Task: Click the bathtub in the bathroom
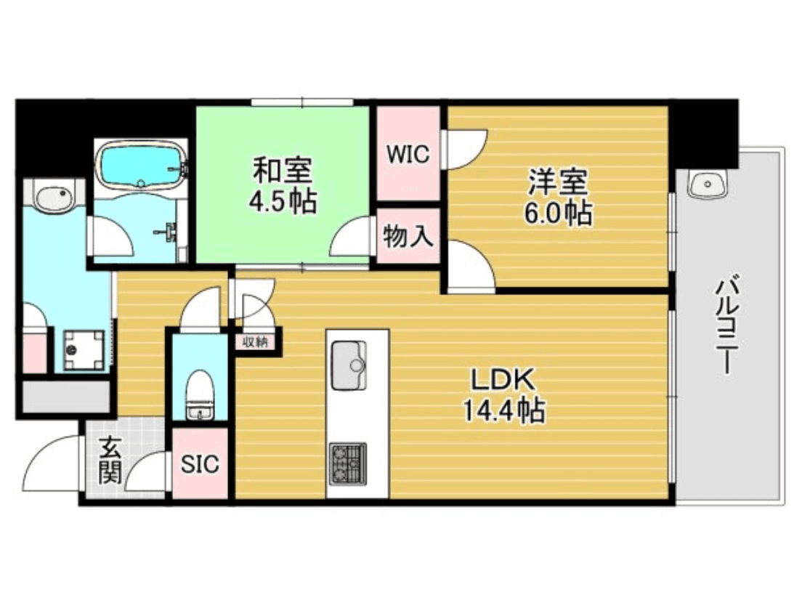[x=140, y=166]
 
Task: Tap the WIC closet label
[x=408, y=154]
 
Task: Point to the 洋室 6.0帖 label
[x=558, y=197]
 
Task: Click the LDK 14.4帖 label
[x=503, y=395]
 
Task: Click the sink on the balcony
[x=705, y=185]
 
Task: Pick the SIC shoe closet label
[x=200, y=464]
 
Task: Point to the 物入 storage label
[x=408, y=236]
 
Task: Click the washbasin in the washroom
[x=52, y=197]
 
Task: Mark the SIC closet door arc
[x=150, y=472]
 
